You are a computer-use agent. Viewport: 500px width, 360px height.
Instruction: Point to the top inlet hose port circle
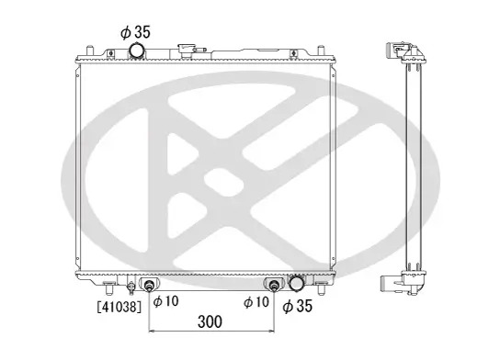point(138,51)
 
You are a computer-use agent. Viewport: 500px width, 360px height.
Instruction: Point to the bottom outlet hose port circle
point(297,285)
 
